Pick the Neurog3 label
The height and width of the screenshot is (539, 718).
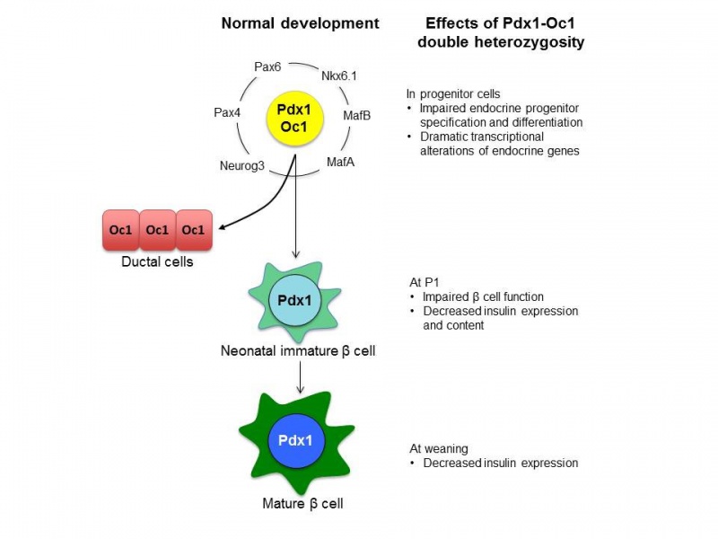tap(241, 165)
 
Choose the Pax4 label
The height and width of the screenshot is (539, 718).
tap(228, 113)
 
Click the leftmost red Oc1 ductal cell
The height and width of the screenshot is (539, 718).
tap(121, 230)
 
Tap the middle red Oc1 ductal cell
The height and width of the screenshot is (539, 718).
tap(157, 230)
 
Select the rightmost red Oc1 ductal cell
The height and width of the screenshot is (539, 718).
tap(193, 230)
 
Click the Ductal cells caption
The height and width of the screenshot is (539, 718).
tap(157, 262)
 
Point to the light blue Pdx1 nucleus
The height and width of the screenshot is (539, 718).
tap(293, 301)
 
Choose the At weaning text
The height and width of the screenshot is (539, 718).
tap(440, 448)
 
